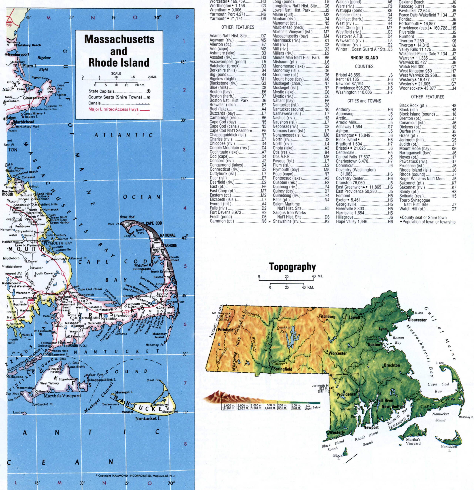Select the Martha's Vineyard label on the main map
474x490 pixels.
[62, 396]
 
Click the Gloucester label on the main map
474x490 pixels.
[32, 98]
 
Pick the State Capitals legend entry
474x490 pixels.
[101, 91]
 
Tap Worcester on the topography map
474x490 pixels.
[338, 353]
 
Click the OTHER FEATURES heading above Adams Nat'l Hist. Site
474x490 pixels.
[238, 27]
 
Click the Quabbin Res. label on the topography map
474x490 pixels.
[284, 330]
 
